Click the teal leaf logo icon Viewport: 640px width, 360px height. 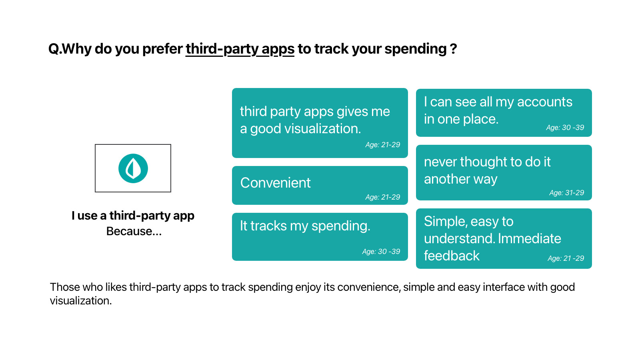(x=133, y=168)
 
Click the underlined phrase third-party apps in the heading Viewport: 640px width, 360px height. (x=240, y=49)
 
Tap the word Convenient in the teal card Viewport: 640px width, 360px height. (x=275, y=183)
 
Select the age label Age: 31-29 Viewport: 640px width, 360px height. (x=566, y=193)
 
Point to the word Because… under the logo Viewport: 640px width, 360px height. (x=134, y=231)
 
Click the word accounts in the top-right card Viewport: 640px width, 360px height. (x=544, y=102)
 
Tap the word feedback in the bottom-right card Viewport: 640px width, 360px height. (x=452, y=256)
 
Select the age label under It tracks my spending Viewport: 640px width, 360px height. (x=381, y=252)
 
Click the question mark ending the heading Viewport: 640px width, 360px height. (x=454, y=49)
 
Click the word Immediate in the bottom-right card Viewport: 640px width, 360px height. (x=530, y=238)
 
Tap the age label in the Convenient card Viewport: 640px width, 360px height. (x=383, y=197)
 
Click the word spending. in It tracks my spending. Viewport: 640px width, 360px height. (x=341, y=226)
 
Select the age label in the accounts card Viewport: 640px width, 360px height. (x=565, y=128)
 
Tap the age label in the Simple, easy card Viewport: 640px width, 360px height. (x=566, y=258)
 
